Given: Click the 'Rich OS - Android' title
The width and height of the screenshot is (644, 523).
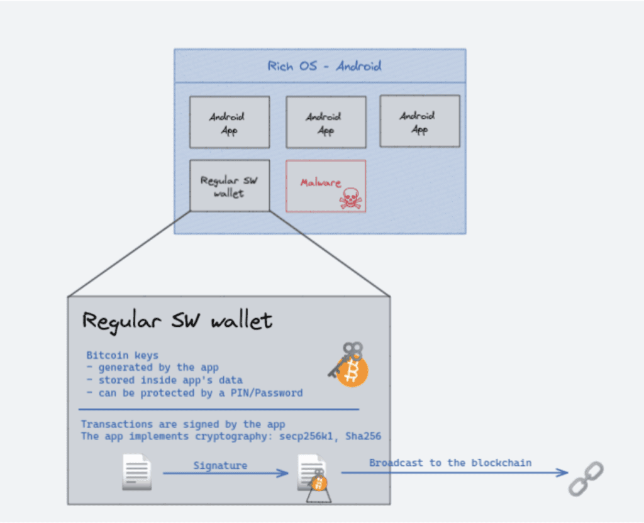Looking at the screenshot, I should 324,66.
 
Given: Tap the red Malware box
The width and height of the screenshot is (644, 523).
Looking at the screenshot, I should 325,185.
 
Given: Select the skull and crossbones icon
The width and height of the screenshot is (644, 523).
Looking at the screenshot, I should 350,199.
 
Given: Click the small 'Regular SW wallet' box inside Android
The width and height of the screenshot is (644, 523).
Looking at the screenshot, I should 229,187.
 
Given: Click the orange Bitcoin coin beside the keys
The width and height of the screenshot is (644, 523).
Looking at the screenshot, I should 352,372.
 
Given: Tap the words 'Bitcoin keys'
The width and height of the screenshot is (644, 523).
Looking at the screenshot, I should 122,355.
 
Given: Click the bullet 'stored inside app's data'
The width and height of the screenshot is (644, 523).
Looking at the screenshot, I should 162,380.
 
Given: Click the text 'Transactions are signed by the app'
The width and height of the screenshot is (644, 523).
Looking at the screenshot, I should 183,424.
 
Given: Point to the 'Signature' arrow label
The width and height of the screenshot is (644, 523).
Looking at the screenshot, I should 220,465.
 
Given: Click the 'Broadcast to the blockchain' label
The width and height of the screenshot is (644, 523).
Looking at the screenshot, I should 450,463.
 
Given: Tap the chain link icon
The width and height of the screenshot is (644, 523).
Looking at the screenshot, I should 586,478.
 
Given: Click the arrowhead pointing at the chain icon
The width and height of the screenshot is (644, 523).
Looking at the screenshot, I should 564,473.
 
